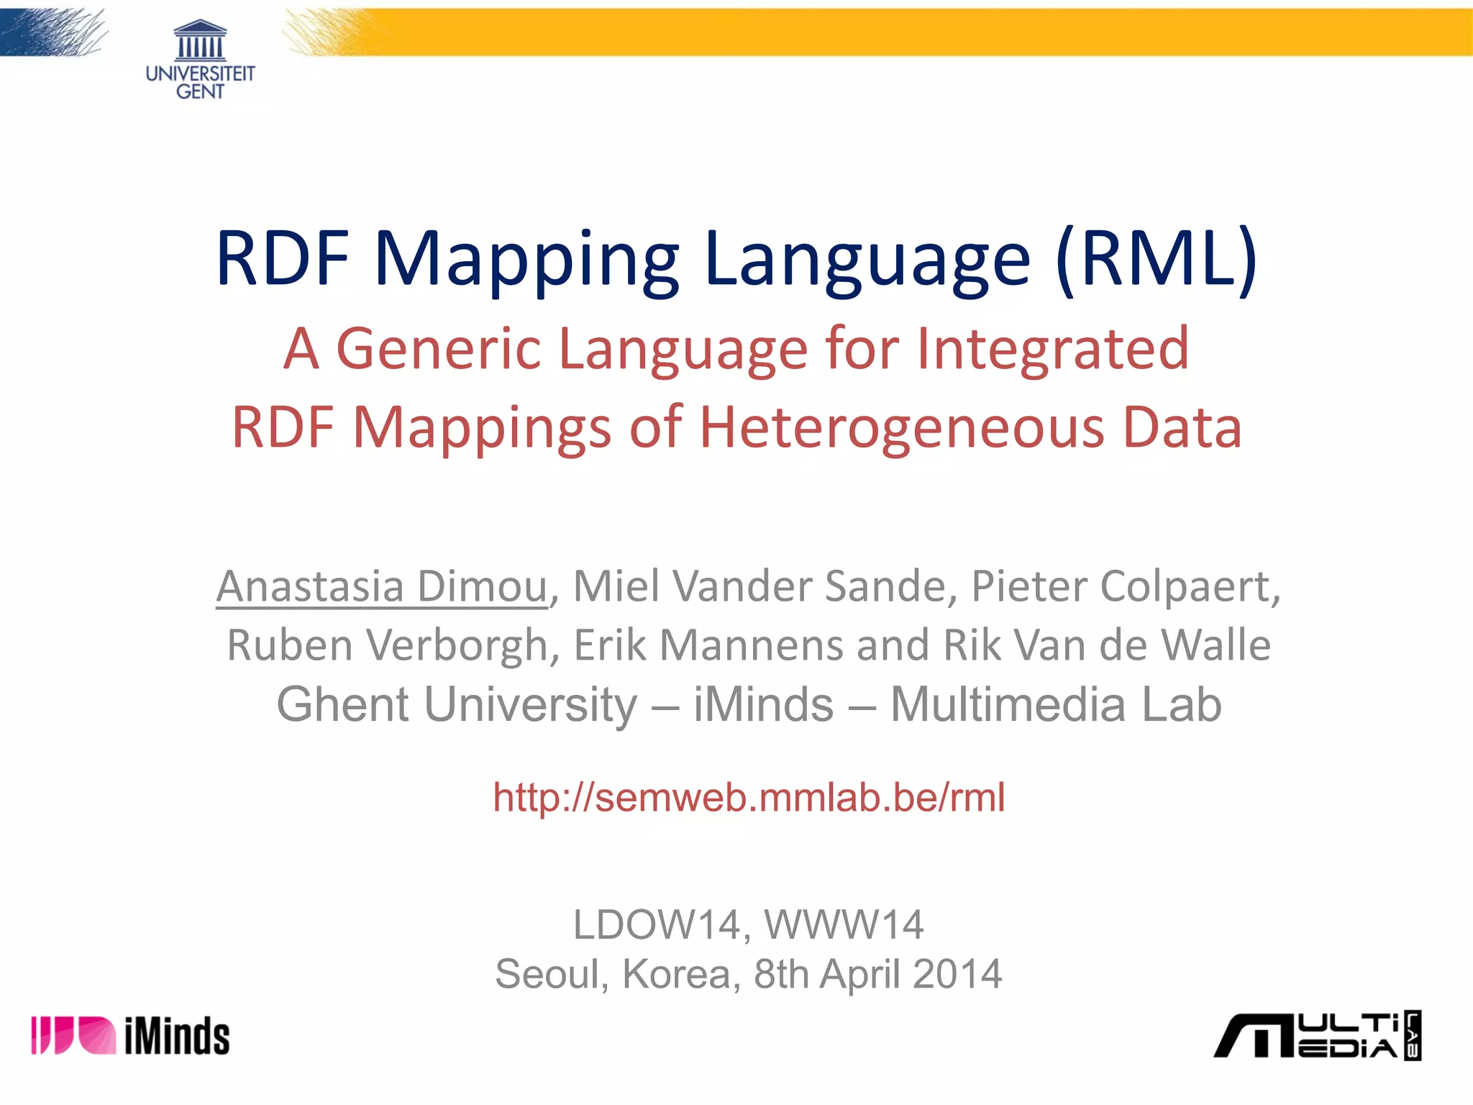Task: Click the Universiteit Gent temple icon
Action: click(x=200, y=41)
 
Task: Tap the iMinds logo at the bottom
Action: click(x=130, y=1035)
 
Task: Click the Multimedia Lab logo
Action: click(x=1317, y=1036)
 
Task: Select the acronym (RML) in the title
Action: click(x=1157, y=259)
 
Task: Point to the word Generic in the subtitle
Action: click(x=438, y=349)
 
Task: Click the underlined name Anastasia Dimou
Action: click(x=382, y=586)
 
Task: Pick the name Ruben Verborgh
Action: click(x=388, y=645)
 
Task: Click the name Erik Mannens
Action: click(x=708, y=645)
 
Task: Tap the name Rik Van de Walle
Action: click(x=1107, y=645)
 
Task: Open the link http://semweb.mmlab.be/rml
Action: click(x=749, y=798)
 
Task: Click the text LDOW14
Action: click(x=657, y=925)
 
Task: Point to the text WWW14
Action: click(x=844, y=925)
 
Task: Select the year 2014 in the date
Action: click(x=957, y=975)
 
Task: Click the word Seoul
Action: click(x=547, y=975)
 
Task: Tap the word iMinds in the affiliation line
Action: click(x=763, y=704)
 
